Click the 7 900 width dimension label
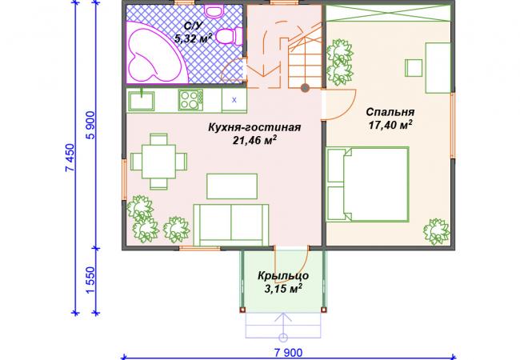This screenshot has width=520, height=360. coord(289,353)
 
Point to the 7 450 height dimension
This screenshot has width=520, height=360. coord(70,158)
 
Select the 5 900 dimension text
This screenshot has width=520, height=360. coord(90,125)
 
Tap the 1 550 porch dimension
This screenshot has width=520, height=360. coord(90,280)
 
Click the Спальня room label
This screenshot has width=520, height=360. coord(390,112)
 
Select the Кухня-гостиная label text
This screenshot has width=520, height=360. coord(254,127)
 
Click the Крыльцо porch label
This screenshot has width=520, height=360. coord(283,276)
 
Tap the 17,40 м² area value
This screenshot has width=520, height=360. coord(390,125)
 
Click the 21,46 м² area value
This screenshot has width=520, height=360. coord(254,140)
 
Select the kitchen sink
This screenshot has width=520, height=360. coord(142,101)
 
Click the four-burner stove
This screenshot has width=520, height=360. coord(190,100)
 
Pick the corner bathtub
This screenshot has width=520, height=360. coord(154,52)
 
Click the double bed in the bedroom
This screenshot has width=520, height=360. coord(367,184)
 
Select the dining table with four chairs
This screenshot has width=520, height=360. coord(158,162)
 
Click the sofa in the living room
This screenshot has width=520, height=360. coord(231,225)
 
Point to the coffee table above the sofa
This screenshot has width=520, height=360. coord(232,186)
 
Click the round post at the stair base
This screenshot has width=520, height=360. coord(305,88)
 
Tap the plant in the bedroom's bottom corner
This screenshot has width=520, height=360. coord(437,231)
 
